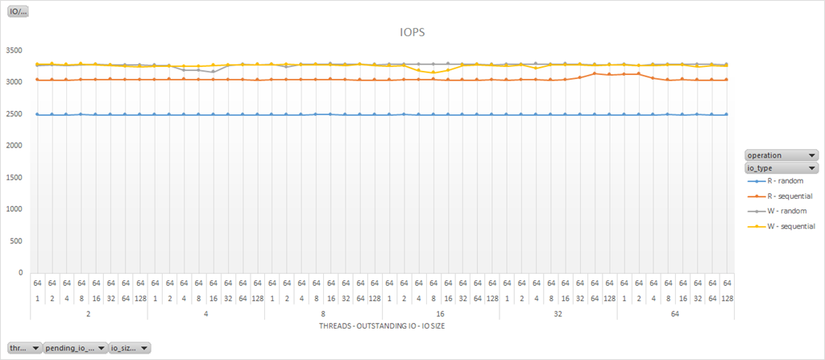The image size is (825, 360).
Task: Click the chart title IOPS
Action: coord(412,33)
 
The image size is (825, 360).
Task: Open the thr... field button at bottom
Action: coord(24,348)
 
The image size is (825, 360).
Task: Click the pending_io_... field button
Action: coord(75,348)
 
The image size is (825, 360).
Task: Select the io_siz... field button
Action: coord(130,348)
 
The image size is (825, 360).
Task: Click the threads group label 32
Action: coord(558,315)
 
